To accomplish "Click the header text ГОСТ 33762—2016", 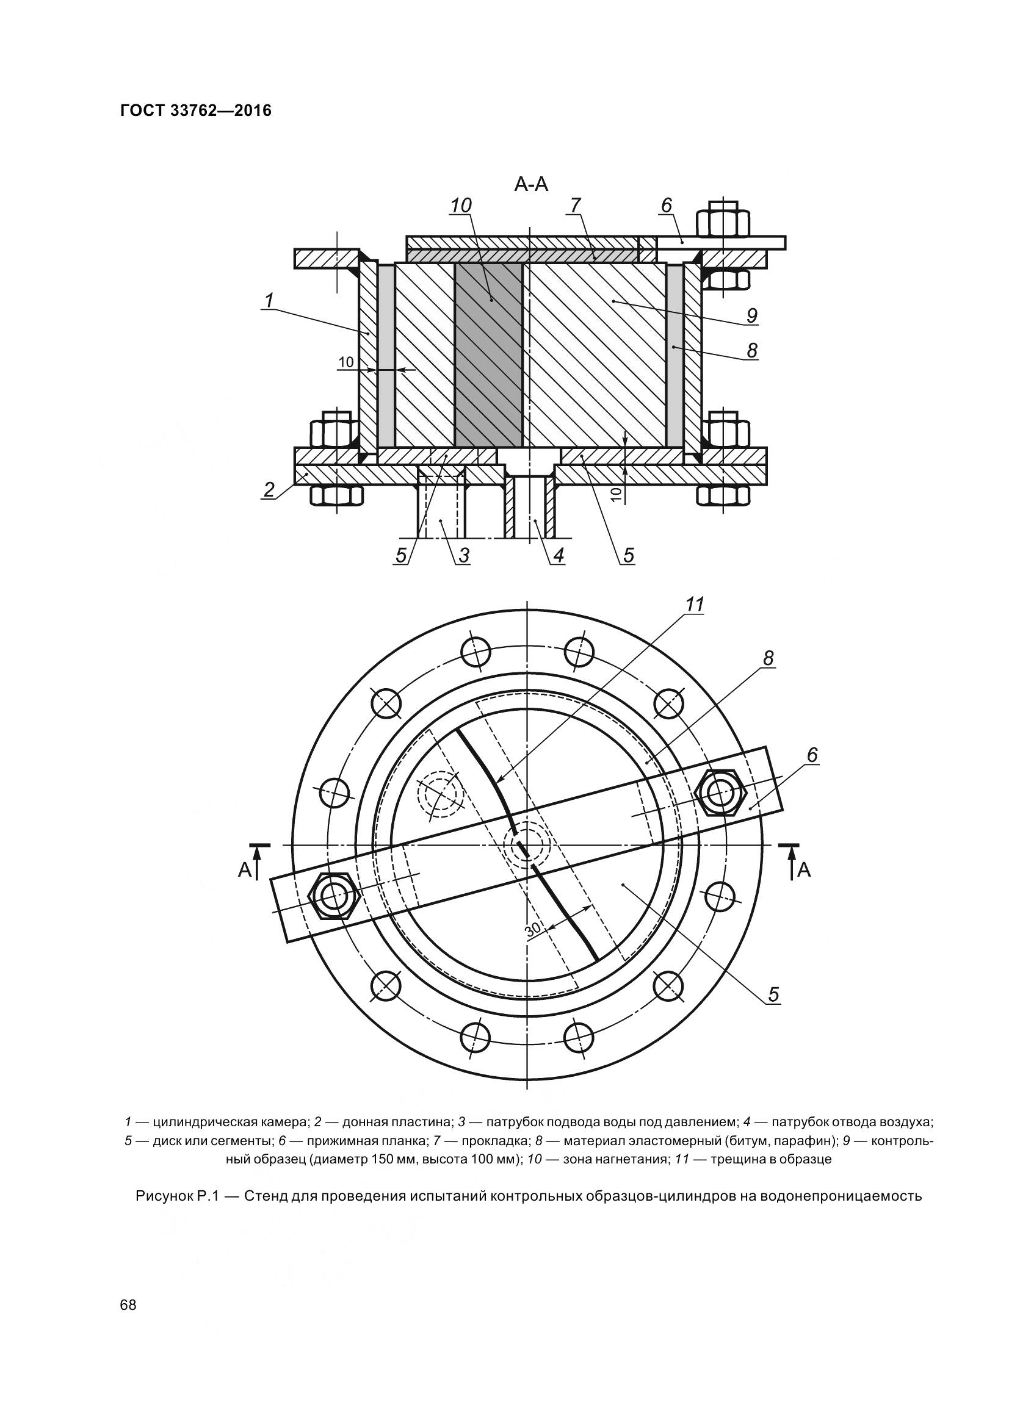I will click(x=196, y=111).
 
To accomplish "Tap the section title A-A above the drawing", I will click(x=531, y=185).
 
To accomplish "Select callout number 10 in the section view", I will click(x=461, y=206).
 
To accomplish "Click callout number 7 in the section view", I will click(x=574, y=205).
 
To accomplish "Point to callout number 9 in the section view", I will click(x=751, y=316).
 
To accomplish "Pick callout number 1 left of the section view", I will click(x=269, y=301).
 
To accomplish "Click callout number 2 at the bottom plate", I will click(x=269, y=490).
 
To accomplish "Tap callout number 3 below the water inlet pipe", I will click(x=464, y=555).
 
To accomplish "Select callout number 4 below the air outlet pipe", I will click(x=559, y=555).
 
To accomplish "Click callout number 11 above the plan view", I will click(x=695, y=604).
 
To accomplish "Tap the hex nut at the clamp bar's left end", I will click(x=333, y=896).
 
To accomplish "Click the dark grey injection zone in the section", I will click(x=489, y=354).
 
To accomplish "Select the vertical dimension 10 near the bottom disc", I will click(x=615, y=495).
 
